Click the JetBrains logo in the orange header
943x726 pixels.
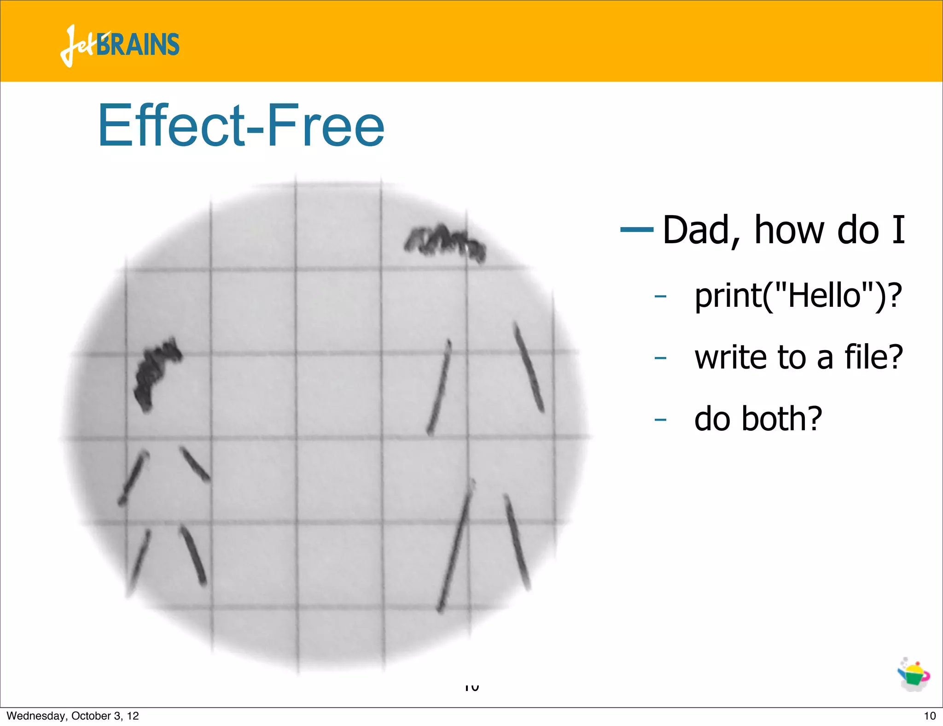[x=120, y=45]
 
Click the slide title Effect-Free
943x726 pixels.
[x=241, y=125]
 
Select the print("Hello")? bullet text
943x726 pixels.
[x=798, y=295]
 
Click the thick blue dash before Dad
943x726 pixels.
[x=637, y=229]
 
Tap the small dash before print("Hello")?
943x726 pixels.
[x=660, y=296]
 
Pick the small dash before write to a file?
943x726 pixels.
[x=660, y=357]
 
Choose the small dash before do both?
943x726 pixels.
[x=660, y=419]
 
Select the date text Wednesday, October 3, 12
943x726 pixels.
[x=73, y=716]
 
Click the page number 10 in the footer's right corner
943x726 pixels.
[x=930, y=716]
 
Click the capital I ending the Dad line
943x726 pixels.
[x=898, y=230]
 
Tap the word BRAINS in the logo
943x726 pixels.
[x=138, y=45]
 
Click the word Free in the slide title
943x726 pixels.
[x=325, y=125]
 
